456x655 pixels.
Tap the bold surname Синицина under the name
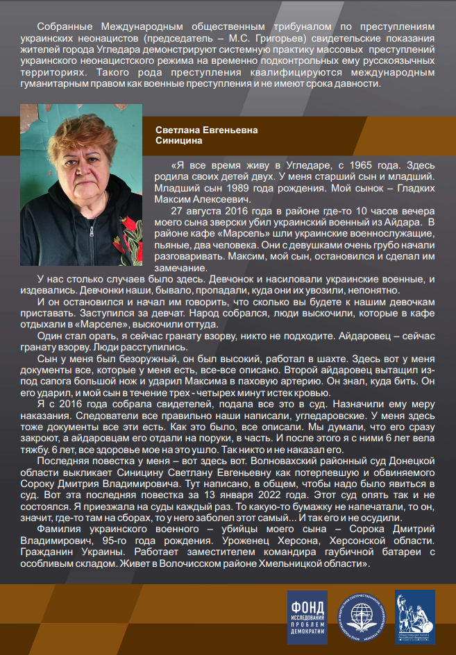179,140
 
